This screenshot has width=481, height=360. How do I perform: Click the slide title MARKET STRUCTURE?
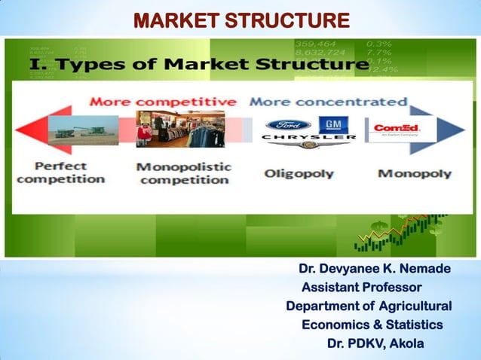[x=241, y=20]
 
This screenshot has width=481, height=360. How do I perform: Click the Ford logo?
[x=288, y=125]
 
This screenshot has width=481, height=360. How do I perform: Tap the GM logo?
[x=331, y=125]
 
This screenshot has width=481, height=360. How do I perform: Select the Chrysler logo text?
[x=309, y=139]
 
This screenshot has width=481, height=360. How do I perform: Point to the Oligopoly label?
[x=299, y=174]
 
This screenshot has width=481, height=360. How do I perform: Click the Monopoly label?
[x=415, y=173]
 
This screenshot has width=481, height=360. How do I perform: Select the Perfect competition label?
[x=61, y=172]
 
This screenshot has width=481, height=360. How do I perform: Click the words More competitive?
[x=163, y=101]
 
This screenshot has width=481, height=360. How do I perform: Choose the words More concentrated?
[x=328, y=101]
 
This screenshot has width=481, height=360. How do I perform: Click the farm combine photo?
[x=84, y=130]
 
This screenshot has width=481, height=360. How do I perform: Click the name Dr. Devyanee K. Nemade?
[x=375, y=269]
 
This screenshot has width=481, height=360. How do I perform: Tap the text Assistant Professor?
[x=361, y=288]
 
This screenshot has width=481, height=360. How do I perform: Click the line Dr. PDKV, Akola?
[x=375, y=343]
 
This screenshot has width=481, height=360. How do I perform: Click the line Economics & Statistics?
[x=372, y=325]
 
